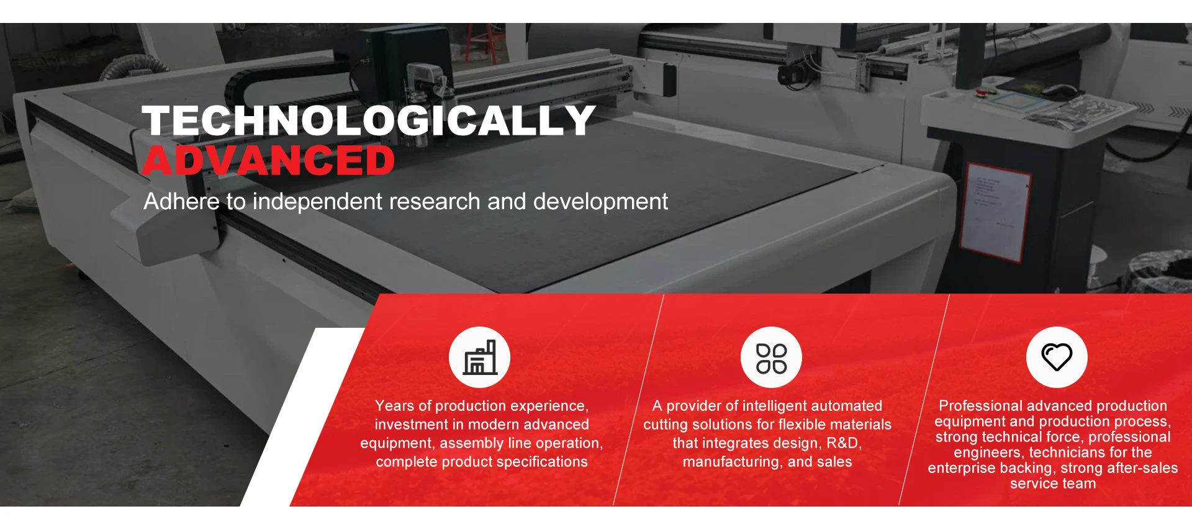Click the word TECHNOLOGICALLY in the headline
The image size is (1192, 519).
point(369,120)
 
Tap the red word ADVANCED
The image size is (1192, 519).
point(268,160)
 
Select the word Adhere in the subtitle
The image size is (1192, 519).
point(181,201)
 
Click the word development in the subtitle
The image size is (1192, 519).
point(600,202)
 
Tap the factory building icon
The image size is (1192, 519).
point(480,358)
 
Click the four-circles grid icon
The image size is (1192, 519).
point(771,358)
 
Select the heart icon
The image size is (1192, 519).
point(1056,357)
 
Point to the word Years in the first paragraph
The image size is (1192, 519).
point(394,406)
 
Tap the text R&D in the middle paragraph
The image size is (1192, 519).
point(844,443)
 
